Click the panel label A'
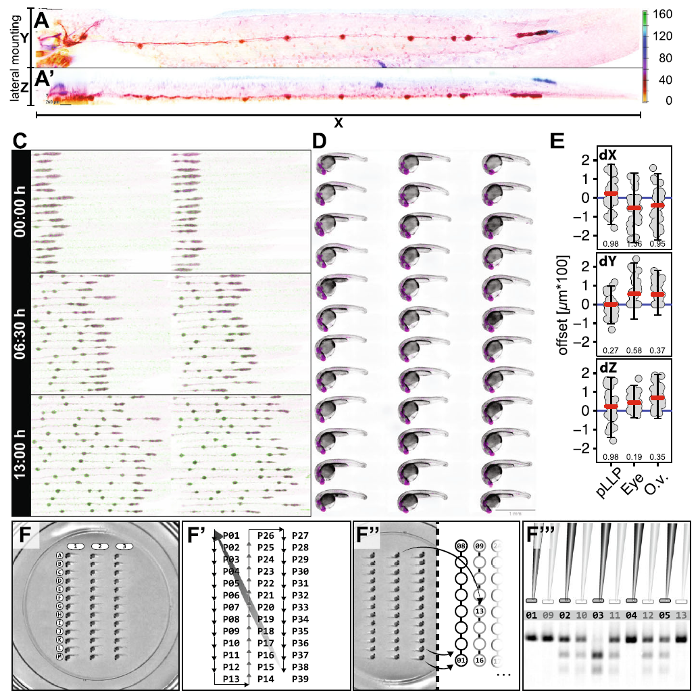pyautogui.click(x=45, y=78)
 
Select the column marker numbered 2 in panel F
pyautogui.click(x=99, y=546)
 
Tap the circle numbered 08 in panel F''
pyautogui.click(x=461, y=545)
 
